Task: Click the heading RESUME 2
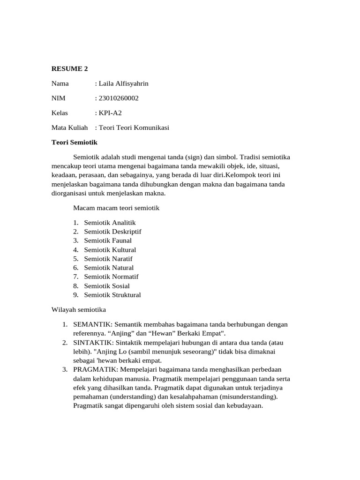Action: point(69,69)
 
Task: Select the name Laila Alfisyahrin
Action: point(123,83)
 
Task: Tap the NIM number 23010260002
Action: point(119,98)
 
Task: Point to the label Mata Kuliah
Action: point(69,127)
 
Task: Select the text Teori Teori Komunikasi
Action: point(134,127)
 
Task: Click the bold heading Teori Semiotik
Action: point(74,142)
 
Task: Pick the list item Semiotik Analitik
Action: point(110,223)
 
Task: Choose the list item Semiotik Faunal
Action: point(108,240)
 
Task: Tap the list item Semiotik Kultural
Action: point(110,250)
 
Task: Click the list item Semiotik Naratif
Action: point(108,259)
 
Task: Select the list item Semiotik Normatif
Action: point(111,277)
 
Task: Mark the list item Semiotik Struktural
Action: point(112,295)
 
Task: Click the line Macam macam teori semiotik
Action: point(117,208)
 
